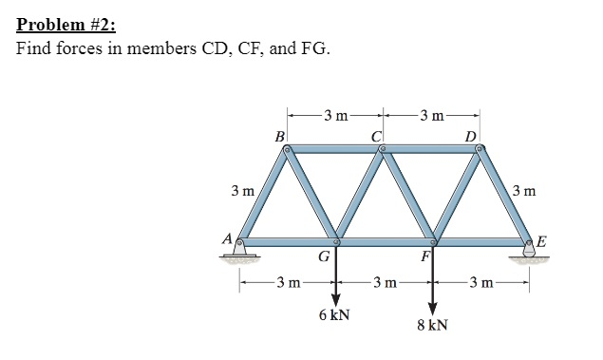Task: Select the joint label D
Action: [471, 137]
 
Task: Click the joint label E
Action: [541, 241]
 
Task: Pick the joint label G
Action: [324, 256]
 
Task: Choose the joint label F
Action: [426, 256]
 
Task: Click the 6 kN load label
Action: [333, 314]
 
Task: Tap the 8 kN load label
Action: [432, 325]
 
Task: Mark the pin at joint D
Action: [480, 149]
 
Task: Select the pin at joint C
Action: [383, 149]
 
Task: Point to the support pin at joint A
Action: [240, 243]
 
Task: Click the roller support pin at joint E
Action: [528, 243]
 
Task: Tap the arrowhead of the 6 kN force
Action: [334, 295]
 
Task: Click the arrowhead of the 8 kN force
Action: [433, 307]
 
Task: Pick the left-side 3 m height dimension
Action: [242, 191]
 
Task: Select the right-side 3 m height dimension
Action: [525, 191]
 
